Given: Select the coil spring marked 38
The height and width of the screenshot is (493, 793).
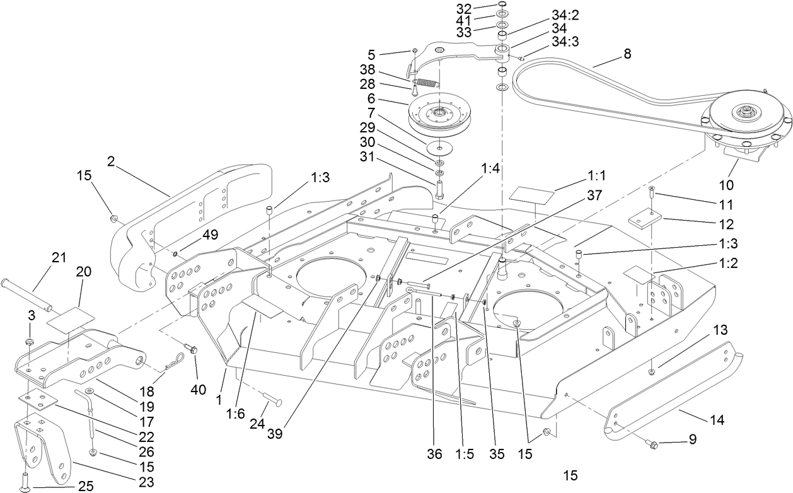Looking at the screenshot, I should click(x=427, y=83).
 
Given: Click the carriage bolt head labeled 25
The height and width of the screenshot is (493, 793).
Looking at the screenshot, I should click(x=25, y=485).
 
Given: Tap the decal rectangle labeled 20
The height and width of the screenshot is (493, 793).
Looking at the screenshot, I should click(x=71, y=316).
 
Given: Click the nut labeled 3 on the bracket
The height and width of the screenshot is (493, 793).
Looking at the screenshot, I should click(x=29, y=342).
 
